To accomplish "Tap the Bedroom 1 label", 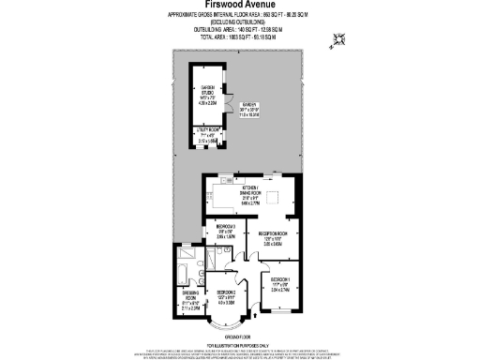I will click(282, 285).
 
